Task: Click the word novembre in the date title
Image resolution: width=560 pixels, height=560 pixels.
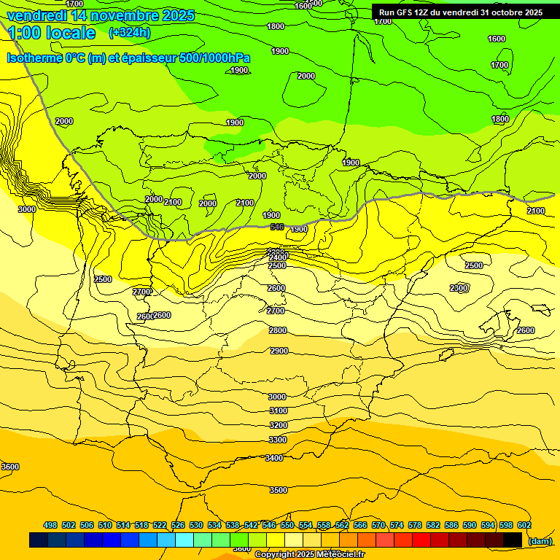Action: (x=115, y=15)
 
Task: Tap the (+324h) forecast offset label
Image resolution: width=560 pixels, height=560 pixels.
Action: (x=129, y=32)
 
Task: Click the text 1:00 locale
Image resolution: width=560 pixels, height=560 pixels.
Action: (x=51, y=33)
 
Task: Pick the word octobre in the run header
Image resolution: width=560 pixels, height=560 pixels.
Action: (x=502, y=12)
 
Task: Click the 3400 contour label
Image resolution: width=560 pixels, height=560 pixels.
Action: (x=274, y=458)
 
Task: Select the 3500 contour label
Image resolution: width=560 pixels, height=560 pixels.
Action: (x=278, y=491)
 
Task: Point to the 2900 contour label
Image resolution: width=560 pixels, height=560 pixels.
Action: (x=279, y=351)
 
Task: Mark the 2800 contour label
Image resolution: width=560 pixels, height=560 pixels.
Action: (x=278, y=330)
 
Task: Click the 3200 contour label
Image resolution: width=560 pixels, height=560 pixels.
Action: (x=278, y=425)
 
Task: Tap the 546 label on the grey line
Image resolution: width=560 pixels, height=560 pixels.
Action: (x=277, y=227)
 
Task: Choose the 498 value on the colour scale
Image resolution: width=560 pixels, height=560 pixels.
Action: (x=50, y=525)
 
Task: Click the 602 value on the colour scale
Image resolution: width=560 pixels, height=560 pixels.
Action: (x=524, y=525)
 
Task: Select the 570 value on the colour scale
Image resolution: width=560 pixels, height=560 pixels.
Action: (x=378, y=525)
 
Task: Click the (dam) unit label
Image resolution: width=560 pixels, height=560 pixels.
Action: (x=540, y=540)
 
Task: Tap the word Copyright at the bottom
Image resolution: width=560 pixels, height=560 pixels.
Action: (x=276, y=554)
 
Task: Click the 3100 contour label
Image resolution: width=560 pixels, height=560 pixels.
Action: (x=278, y=411)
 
